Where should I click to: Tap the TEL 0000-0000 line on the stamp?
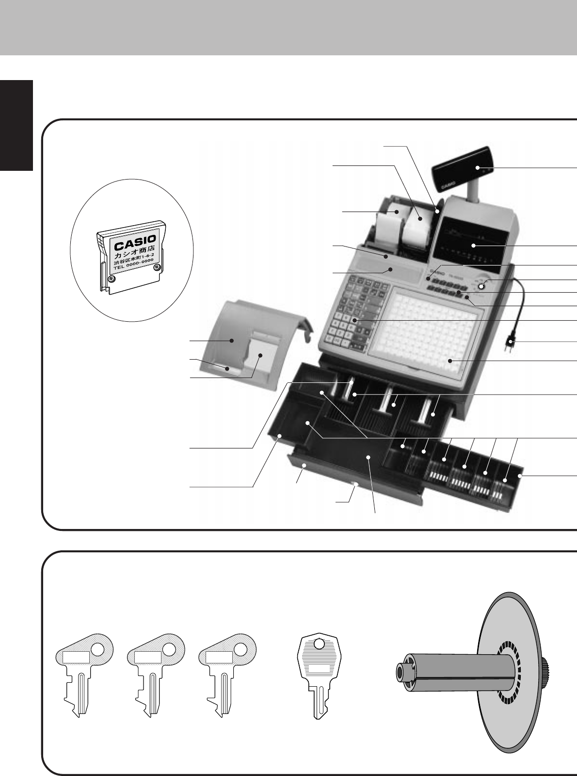click(x=133, y=266)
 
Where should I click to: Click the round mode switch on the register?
click(x=481, y=286)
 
